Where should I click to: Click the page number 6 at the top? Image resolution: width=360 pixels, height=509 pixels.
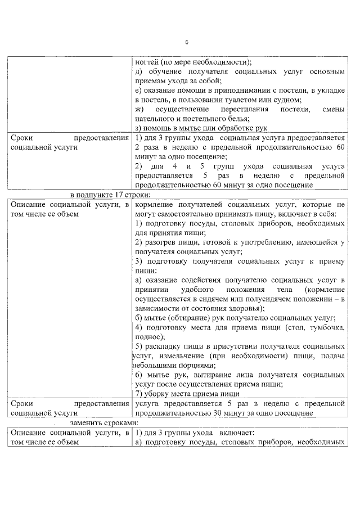click(187, 43)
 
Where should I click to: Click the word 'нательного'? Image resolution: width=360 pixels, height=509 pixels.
click(154, 119)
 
